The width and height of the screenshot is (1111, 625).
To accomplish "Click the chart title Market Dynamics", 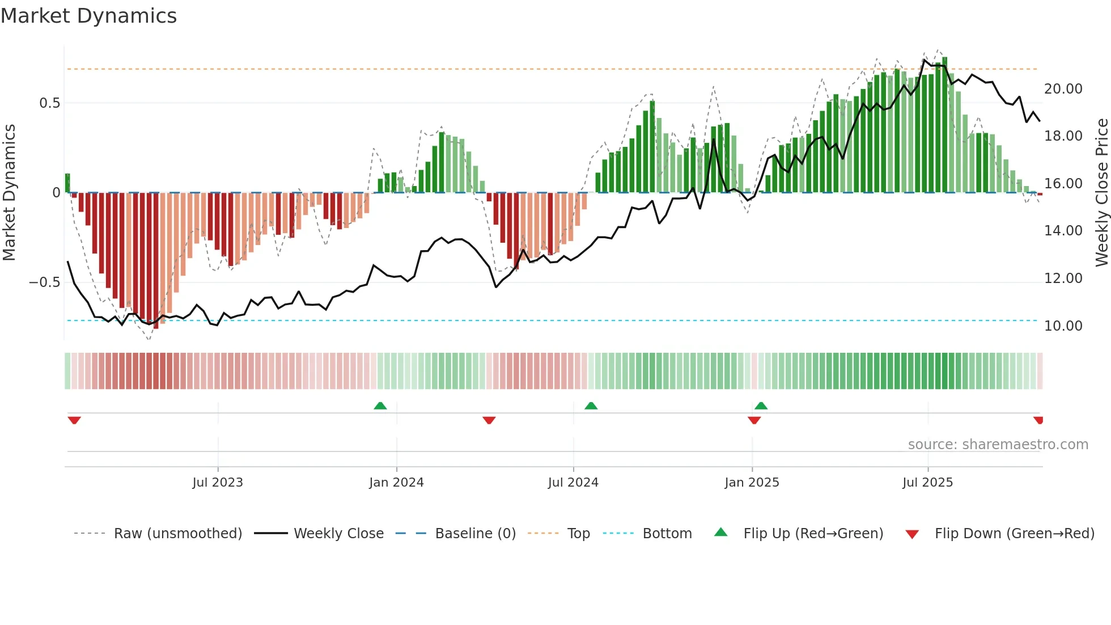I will click(x=88, y=16).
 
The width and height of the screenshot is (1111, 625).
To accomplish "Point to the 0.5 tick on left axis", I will click(x=49, y=103).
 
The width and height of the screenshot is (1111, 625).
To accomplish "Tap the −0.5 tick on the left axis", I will click(x=45, y=282).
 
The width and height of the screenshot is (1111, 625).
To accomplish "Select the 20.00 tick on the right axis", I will click(x=1063, y=89).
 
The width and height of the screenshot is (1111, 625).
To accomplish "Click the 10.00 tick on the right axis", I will click(x=1063, y=326).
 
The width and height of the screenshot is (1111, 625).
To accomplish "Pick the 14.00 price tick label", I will click(x=1063, y=231).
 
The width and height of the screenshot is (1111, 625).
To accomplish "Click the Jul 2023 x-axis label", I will click(x=218, y=483).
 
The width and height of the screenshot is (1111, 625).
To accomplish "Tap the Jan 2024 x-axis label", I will click(x=396, y=483).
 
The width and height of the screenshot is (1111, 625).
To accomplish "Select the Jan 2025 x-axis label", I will click(x=752, y=483).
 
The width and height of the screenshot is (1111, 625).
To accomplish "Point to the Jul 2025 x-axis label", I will click(x=927, y=483).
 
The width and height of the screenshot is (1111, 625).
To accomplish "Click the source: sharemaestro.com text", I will click(x=998, y=445).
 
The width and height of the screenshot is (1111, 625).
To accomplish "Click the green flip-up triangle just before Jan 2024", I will click(x=380, y=406).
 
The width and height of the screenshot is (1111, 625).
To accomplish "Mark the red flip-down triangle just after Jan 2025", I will click(x=754, y=420).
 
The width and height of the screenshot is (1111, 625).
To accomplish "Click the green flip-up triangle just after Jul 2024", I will click(x=591, y=406).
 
